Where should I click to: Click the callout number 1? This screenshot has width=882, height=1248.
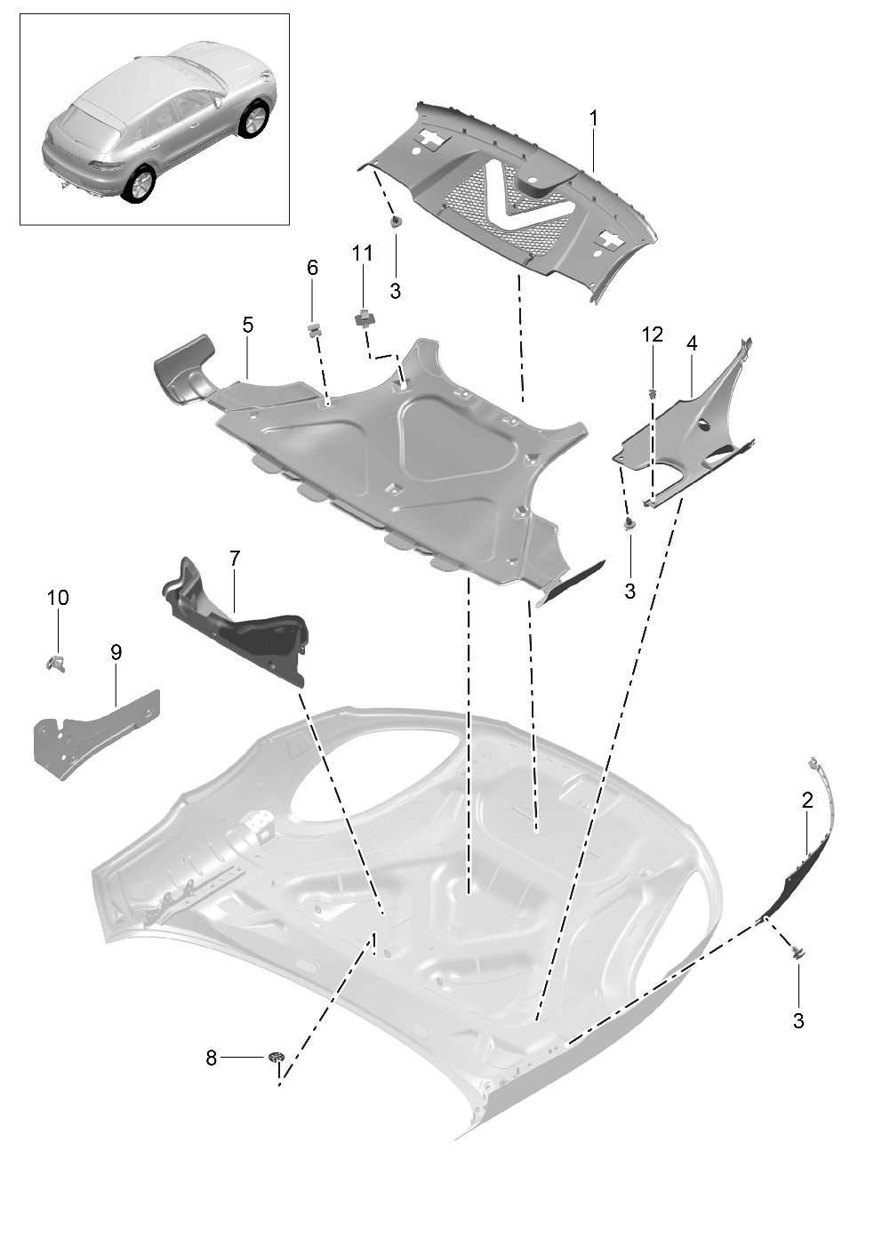point(593,118)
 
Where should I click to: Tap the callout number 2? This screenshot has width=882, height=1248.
point(807,801)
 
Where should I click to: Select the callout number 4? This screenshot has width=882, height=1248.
point(692,343)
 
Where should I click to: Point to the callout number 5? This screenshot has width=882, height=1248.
point(247,326)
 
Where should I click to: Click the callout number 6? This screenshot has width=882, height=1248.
point(312,268)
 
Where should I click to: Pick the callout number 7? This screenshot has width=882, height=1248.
point(235,559)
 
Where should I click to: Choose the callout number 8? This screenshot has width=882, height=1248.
point(211,1059)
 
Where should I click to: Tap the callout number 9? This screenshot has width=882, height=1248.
point(116,652)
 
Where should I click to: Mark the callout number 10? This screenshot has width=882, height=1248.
point(58,598)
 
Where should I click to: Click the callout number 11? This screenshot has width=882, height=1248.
point(362,254)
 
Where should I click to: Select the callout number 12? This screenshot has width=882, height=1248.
point(653,334)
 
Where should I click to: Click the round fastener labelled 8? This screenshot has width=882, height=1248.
point(277,1058)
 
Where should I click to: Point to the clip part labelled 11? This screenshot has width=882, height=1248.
point(364,316)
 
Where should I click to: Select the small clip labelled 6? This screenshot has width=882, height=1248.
point(313,330)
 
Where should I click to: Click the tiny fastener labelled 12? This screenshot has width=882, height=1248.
point(653,392)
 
